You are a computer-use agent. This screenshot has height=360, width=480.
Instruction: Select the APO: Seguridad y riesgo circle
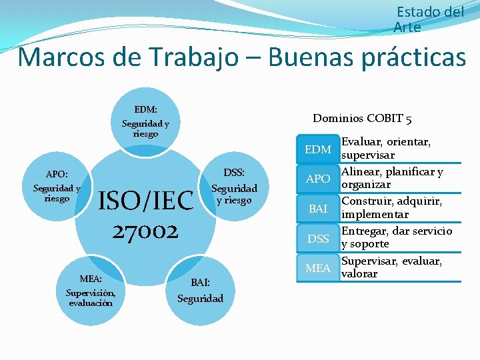click(x=57, y=187)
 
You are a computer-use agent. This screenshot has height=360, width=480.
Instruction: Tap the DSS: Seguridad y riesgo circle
click(x=234, y=186)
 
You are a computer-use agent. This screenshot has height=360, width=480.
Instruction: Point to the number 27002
click(x=145, y=231)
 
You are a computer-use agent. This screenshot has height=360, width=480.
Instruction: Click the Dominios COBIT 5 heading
click(x=362, y=119)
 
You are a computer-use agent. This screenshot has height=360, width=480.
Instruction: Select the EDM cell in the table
click(x=317, y=149)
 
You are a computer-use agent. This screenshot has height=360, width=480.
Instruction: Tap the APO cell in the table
click(x=317, y=179)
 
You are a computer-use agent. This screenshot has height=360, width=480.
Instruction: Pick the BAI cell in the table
click(x=317, y=209)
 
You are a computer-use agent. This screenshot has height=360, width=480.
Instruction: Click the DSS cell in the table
click(x=317, y=239)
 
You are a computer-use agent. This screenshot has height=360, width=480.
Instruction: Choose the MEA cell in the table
click(x=317, y=268)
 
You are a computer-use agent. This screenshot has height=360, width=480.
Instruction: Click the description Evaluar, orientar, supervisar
click(x=386, y=148)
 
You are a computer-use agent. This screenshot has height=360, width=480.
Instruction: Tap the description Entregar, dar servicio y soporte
click(x=396, y=237)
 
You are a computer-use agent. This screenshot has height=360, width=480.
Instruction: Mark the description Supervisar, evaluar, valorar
click(x=391, y=267)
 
